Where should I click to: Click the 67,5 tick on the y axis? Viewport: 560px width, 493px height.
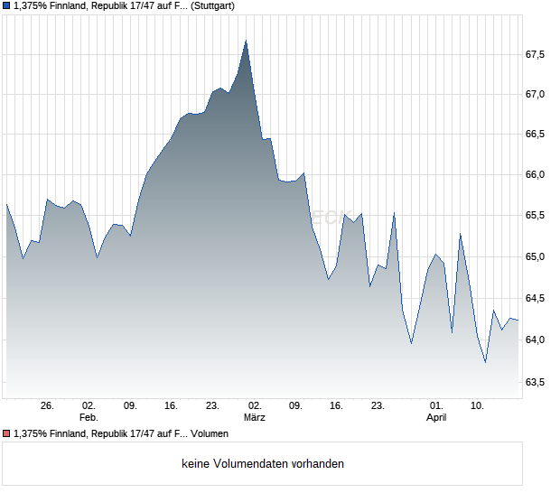[536, 54]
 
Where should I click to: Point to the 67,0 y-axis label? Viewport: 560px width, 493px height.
[536, 94]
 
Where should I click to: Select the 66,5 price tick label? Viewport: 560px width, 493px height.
[536, 134]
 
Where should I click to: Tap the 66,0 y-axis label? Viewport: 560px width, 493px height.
[536, 174]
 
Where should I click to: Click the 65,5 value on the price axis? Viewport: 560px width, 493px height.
[536, 215]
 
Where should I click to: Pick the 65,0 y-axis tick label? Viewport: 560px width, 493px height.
[536, 256]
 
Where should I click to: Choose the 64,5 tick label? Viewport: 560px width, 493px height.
[536, 298]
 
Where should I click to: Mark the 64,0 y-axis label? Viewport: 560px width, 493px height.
[536, 340]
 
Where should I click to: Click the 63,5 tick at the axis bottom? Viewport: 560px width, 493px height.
[536, 382]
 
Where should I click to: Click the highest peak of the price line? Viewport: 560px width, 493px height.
[247, 41]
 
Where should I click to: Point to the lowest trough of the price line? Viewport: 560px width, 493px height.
[486, 362]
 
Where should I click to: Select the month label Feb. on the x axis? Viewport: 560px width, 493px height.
[88, 418]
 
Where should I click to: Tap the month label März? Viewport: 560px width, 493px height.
[255, 418]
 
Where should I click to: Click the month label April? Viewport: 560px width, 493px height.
[436, 418]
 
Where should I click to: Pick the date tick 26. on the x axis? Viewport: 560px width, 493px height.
[48, 406]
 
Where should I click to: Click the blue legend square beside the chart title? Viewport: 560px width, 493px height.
[6, 5]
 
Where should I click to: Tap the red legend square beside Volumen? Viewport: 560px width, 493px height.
[6, 434]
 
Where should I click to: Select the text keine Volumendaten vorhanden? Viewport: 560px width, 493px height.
[263, 464]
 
